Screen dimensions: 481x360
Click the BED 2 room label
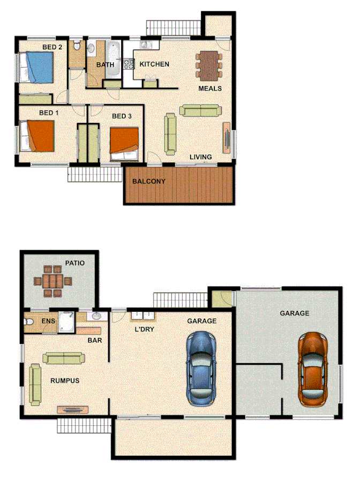[x=52, y=47]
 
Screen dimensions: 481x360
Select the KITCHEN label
[x=154, y=64]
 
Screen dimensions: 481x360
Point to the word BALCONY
[x=149, y=181]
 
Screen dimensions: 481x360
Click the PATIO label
[x=76, y=263]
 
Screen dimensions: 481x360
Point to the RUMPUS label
[x=65, y=381]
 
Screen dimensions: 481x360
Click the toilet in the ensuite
[x=29, y=322]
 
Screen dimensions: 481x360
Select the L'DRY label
[x=144, y=329]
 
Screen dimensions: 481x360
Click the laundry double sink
[x=142, y=315]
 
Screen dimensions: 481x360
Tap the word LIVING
[x=201, y=157]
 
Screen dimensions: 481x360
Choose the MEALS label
[x=210, y=88]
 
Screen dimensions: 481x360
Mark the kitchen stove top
[x=129, y=64]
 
